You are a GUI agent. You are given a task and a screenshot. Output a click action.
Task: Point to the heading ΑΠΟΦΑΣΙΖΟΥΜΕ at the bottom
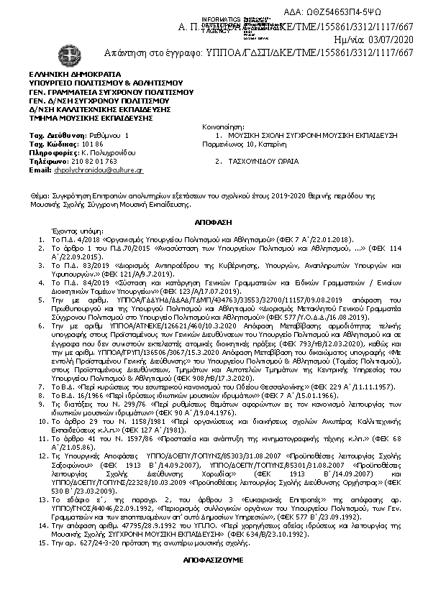point(213,559)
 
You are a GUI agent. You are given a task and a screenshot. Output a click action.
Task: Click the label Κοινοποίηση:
point(224,126)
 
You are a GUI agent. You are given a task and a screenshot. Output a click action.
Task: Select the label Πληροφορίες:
point(53,153)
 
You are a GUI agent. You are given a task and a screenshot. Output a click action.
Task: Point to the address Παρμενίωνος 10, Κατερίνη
point(244,144)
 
